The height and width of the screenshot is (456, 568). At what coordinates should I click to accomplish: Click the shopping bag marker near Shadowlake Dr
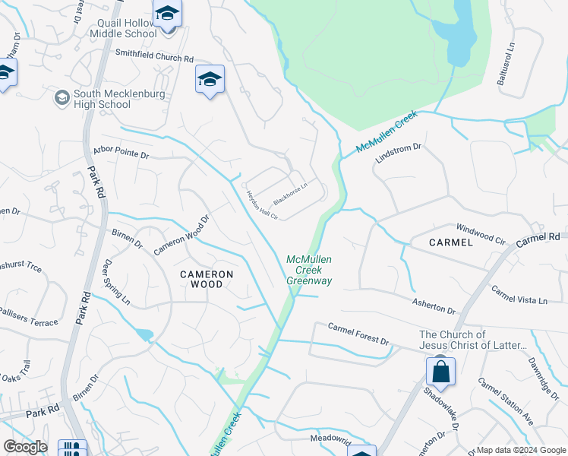pyautogui.click(x=440, y=372)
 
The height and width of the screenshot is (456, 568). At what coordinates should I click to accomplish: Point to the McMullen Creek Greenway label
pyautogui.click(x=309, y=270)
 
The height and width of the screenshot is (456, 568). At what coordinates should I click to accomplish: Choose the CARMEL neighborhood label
pyautogui.click(x=450, y=242)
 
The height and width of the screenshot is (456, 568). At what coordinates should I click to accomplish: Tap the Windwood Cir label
pyautogui.click(x=480, y=233)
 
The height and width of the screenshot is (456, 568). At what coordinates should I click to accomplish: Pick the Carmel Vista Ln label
pyautogui.click(x=519, y=295)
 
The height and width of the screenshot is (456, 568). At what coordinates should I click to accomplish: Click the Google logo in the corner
pyautogui.click(x=25, y=447)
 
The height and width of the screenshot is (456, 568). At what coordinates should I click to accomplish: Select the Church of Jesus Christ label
pyautogui.click(x=473, y=340)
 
